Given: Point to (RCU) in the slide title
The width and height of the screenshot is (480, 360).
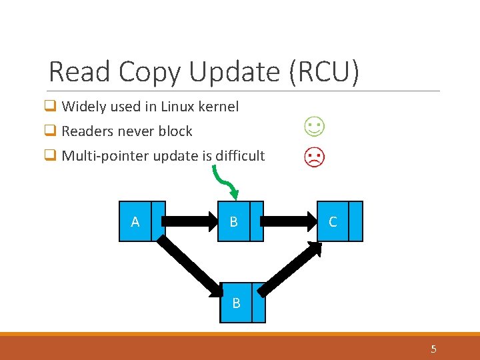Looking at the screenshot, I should [x=325, y=72].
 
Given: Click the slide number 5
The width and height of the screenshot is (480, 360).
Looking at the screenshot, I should [x=434, y=349].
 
